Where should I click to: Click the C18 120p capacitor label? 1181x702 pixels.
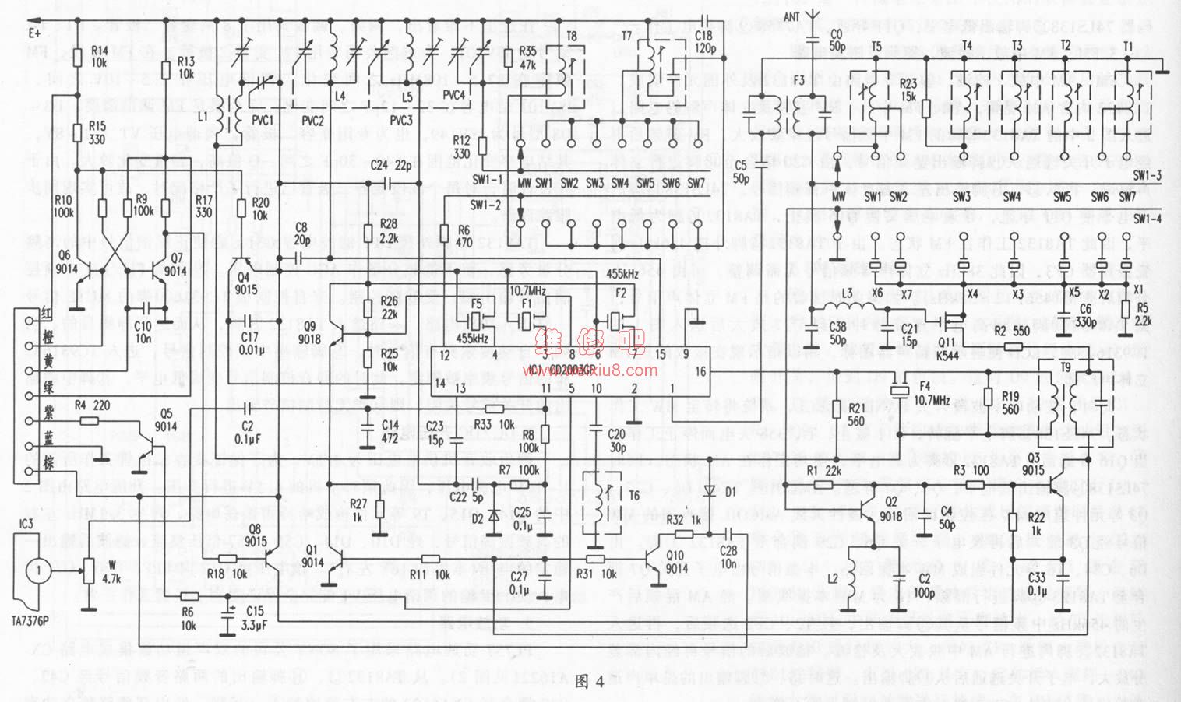(703, 41)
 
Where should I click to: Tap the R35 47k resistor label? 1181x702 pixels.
(527, 60)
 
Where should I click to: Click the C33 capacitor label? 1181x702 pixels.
(1036, 583)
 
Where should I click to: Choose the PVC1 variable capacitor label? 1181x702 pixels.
(263, 121)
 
